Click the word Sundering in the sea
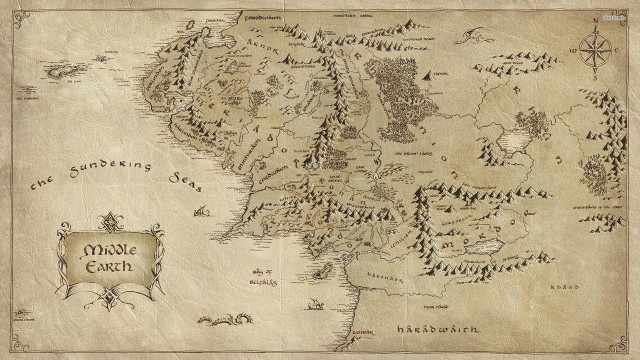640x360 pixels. point(105,171)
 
